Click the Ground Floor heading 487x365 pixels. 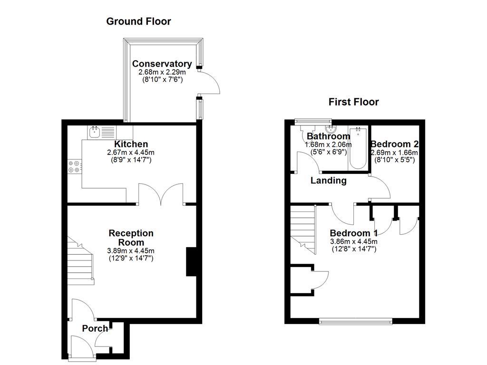pos(138,21)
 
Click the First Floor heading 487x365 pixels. pos(353,102)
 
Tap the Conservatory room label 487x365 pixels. pos(162,64)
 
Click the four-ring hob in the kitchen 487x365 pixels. pos(75,166)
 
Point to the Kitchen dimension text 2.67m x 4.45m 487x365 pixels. pos(131,153)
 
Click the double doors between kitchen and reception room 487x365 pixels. pos(161,195)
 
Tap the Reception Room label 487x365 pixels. pos(131,238)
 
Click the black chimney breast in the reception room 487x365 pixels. pos(191,261)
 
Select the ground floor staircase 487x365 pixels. pos(78,261)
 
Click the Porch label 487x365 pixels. pos(95,328)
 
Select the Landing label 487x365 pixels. pos(328,181)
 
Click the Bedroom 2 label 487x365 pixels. pos(394,144)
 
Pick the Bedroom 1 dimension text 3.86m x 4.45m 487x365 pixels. pos(353,241)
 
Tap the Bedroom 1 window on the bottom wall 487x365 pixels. pos(356,322)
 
